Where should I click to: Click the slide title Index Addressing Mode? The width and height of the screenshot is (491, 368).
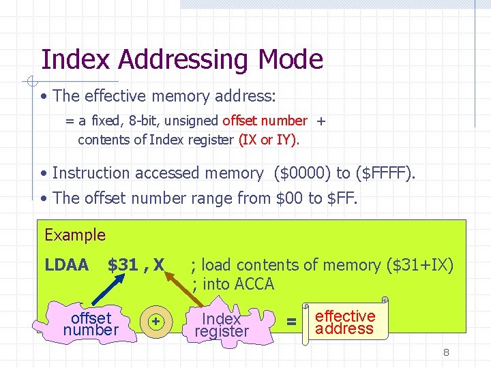click(x=181, y=59)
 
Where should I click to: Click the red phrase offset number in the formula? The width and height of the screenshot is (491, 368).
click(x=265, y=121)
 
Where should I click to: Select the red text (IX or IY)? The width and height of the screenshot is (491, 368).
click(x=267, y=140)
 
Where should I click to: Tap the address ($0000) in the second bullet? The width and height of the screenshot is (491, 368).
click(x=301, y=174)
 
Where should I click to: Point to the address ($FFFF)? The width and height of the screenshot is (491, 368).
click(x=380, y=174)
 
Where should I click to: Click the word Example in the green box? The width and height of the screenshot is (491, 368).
click(x=75, y=235)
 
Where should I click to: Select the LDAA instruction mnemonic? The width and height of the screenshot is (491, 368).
click(x=67, y=264)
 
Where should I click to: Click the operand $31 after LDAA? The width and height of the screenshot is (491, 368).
click(x=123, y=264)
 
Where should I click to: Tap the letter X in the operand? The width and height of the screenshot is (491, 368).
click(x=159, y=264)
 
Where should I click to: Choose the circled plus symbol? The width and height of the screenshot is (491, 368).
click(x=156, y=321)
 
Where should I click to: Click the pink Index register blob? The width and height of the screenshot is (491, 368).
click(x=222, y=325)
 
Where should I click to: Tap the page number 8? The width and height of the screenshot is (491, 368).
click(x=446, y=352)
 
